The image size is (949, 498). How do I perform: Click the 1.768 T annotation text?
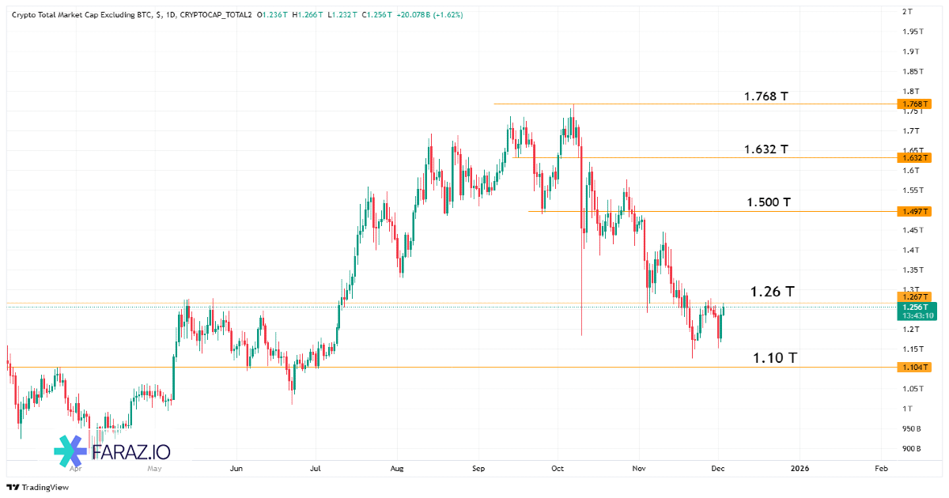pos(766,96)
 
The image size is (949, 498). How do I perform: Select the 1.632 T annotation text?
pos(766,149)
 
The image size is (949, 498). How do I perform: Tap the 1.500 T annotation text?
pos(769,202)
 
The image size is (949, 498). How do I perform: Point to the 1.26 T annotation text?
pos(772,292)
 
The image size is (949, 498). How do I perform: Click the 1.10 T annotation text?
pos(774,358)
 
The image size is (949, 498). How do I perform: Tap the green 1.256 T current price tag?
pos(917,307)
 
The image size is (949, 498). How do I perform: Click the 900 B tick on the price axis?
pos(912,448)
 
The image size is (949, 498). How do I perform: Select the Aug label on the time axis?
pos(397,469)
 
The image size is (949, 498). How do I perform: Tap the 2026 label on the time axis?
pos(800,469)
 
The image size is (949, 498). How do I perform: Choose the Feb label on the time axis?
pos(882,469)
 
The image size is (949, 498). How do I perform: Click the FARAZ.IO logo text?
pos(130,451)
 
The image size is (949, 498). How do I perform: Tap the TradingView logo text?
pos(45,488)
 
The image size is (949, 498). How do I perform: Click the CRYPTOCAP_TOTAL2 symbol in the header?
pos(216,15)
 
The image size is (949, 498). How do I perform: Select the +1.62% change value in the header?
pos(448,15)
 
